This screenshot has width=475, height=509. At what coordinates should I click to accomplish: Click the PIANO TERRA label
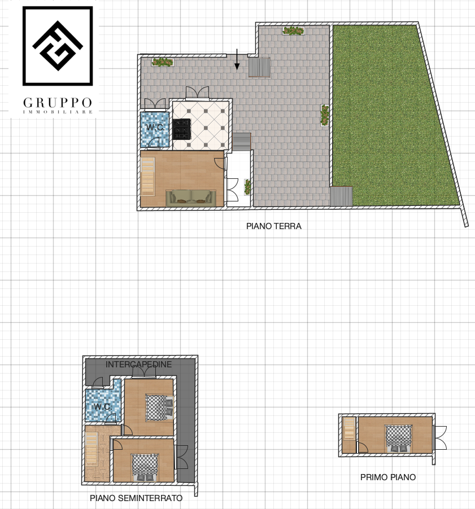point(273,226)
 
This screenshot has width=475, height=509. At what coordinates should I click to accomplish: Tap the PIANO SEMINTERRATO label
point(136,498)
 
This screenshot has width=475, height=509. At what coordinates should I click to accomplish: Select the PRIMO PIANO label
point(388,477)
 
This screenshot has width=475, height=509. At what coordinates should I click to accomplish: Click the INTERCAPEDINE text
point(138,364)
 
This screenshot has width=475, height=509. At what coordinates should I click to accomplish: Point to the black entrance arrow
point(237,59)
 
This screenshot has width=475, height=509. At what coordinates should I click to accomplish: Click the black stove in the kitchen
point(182,129)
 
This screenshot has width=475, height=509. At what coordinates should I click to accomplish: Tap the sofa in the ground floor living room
point(191,198)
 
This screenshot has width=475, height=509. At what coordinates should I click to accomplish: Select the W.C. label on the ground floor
point(155,128)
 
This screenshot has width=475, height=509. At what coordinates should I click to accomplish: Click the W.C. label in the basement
point(103,406)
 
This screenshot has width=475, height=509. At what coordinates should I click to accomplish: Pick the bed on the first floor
point(399,438)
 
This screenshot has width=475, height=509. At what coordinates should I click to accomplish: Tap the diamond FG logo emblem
point(58,46)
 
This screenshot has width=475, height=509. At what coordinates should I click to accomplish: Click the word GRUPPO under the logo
point(58,103)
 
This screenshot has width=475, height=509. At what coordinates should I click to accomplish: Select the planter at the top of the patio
point(293,31)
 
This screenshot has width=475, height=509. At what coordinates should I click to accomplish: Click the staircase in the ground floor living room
point(148,177)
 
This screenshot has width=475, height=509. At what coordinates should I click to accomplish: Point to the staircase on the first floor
point(349,429)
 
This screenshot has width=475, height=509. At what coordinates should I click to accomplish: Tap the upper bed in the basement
point(159,407)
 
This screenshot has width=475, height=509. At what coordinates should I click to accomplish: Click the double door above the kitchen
point(197,93)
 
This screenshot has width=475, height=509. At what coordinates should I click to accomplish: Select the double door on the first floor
point(441,438)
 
